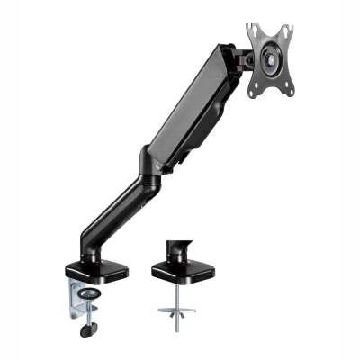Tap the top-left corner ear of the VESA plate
point(253,29)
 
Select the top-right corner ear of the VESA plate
point(291,26)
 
